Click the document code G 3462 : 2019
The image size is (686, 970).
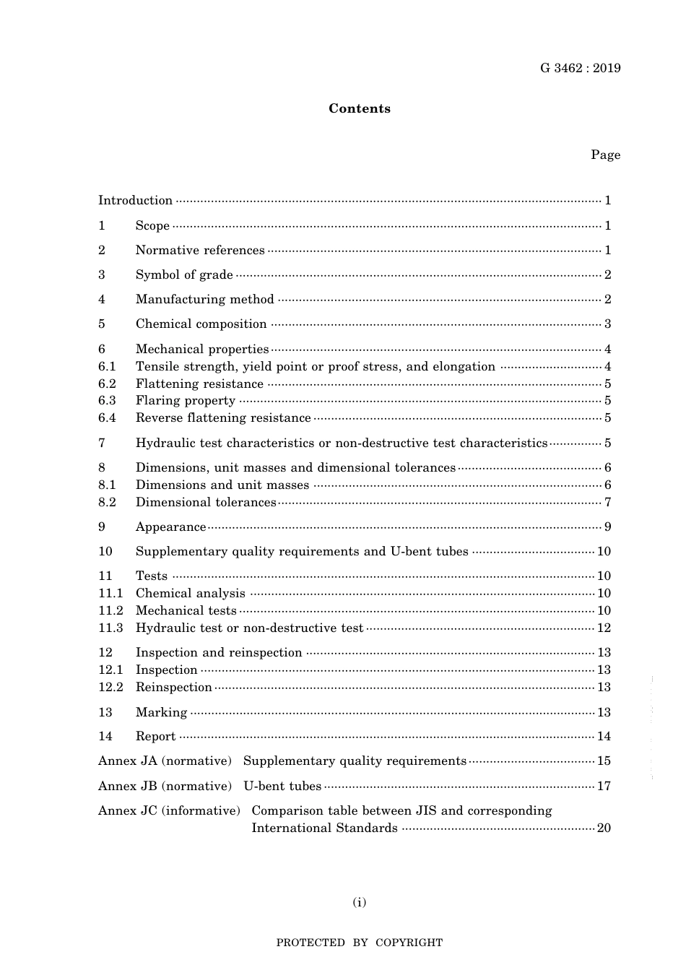[580, 69]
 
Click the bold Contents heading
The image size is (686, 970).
[359, 108]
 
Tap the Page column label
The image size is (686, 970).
[605, 155]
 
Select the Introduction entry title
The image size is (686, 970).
[135, 201]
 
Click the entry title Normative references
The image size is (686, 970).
[200, 251]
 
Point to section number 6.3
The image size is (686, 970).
[107, 401]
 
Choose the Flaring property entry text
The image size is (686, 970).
[186, 401]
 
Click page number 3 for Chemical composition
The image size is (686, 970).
[608, 324]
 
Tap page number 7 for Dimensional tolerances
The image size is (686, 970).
[608, 503]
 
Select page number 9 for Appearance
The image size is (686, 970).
[608, 527]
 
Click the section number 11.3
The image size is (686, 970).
[110, 628]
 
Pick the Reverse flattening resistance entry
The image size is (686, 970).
[223, 418]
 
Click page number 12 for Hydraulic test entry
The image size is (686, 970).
[604, 628]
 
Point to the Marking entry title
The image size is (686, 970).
[161, 713]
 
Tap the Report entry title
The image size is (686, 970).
[155, 737]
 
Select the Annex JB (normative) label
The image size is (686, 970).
[165, 787]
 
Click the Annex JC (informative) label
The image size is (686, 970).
[169, 811]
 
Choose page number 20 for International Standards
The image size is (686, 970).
[604, 828]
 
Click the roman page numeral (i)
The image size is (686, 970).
[359, 902]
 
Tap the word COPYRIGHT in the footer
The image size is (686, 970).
[409, 943]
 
